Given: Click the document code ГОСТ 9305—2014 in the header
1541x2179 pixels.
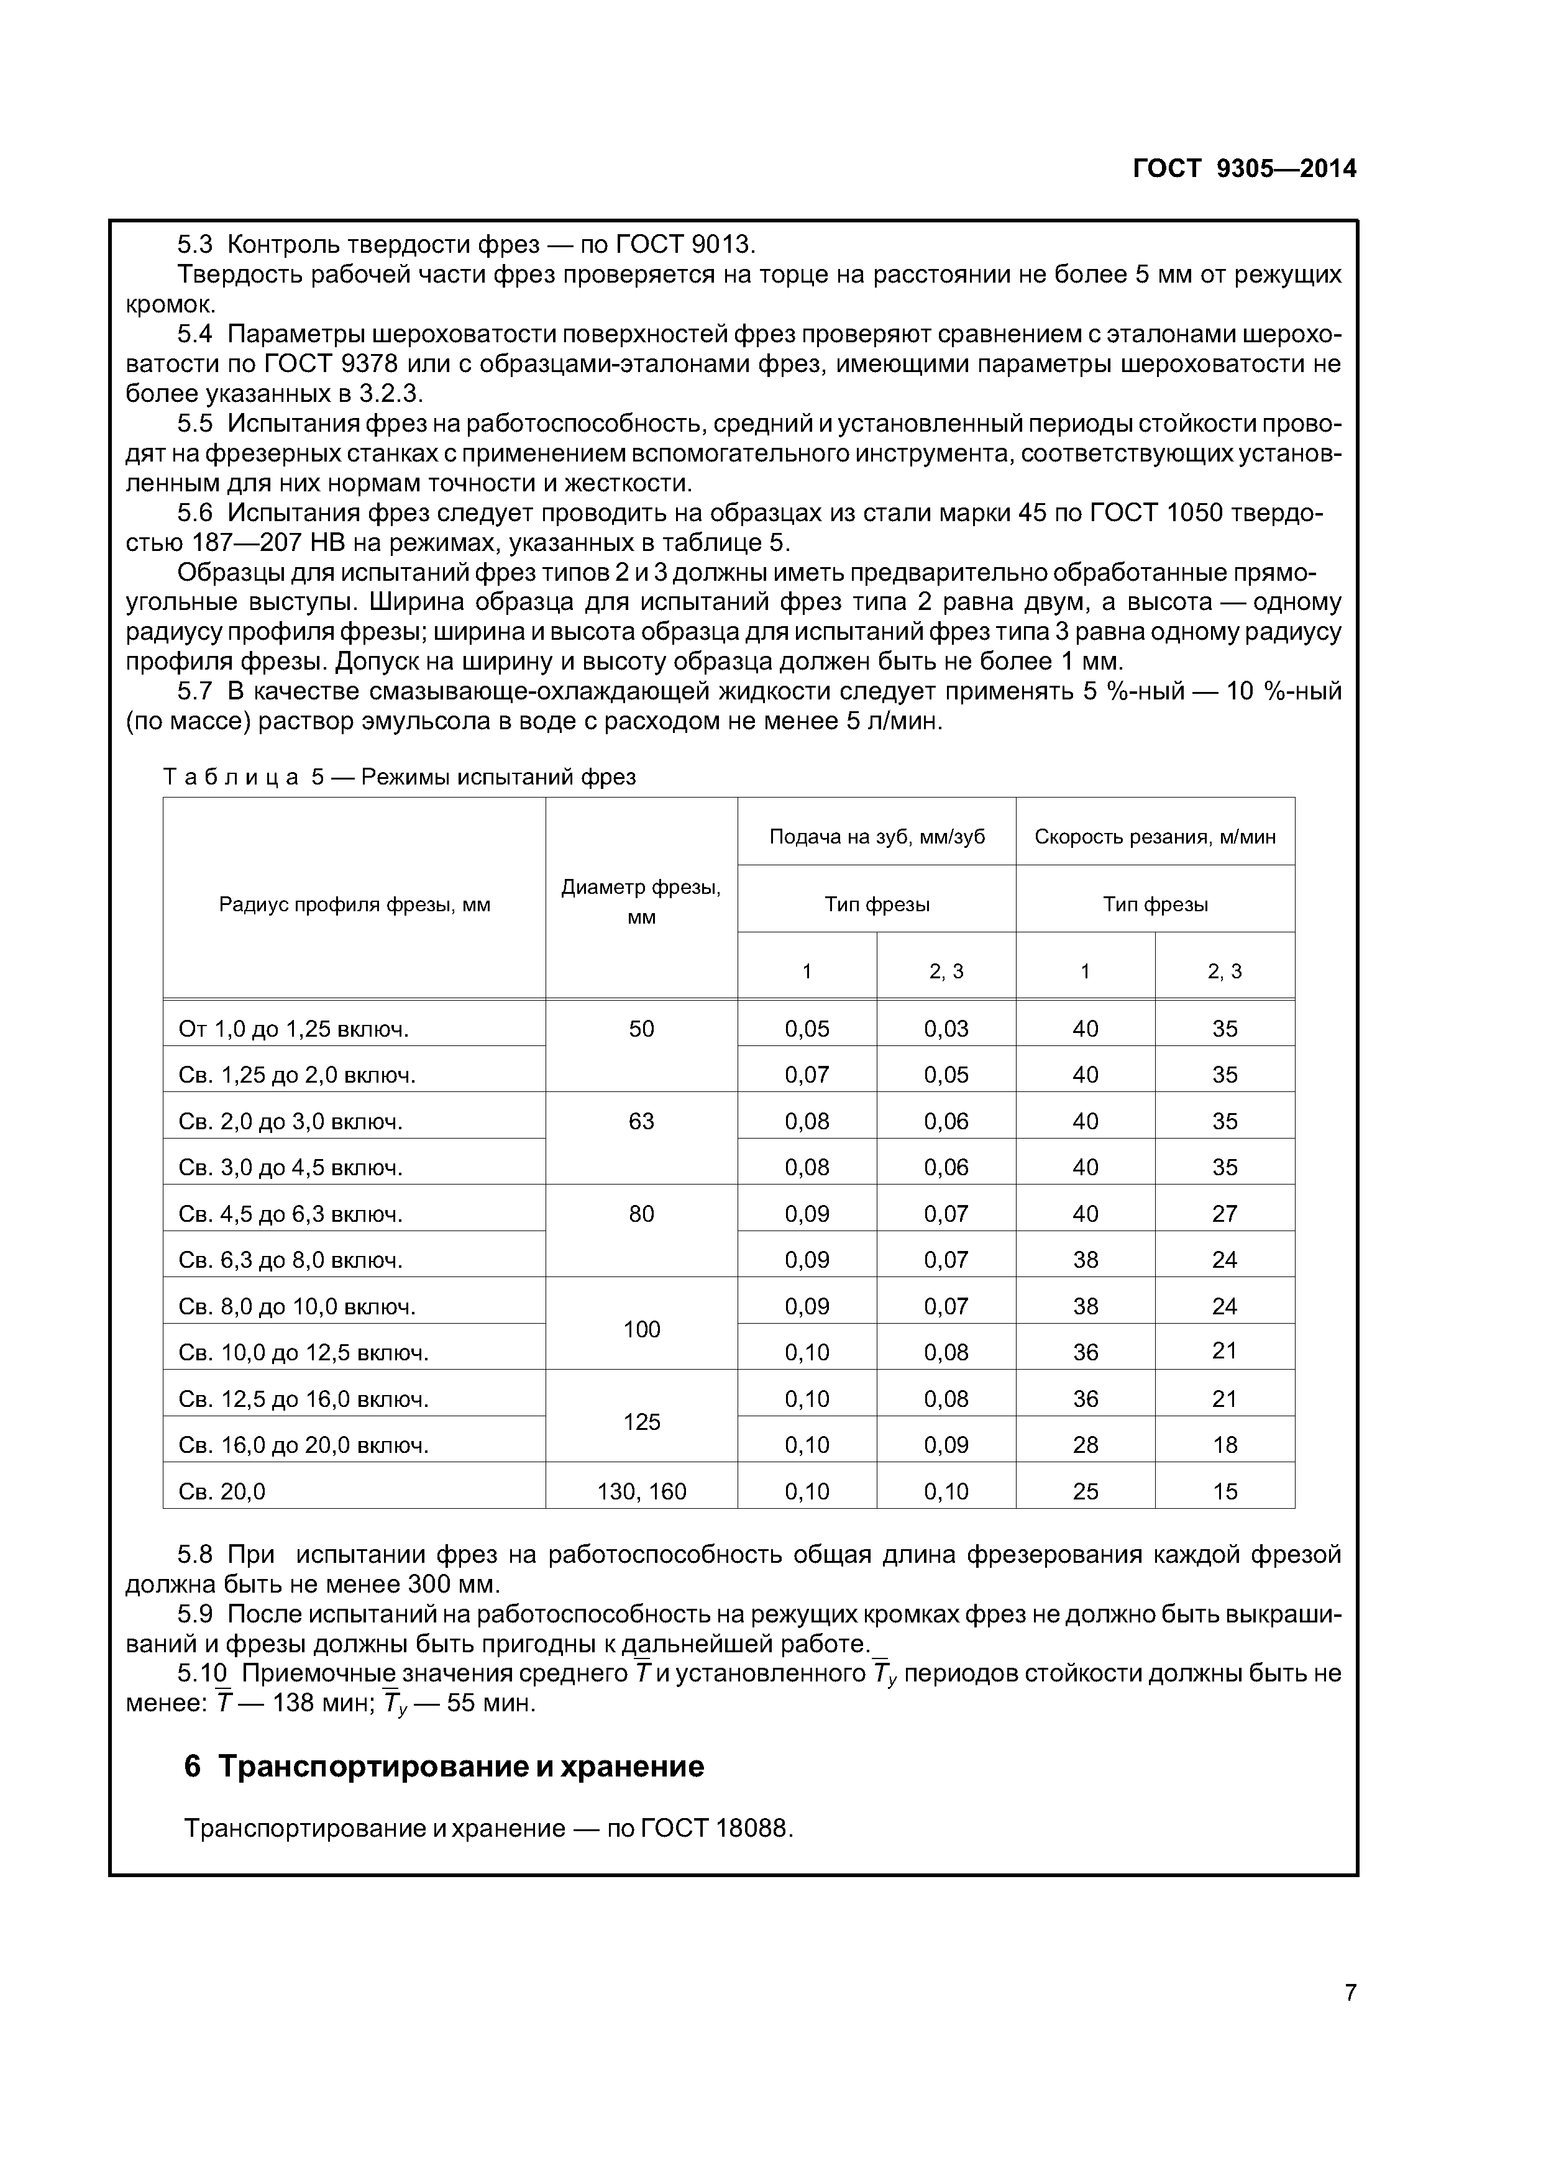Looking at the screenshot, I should click(1244, 169).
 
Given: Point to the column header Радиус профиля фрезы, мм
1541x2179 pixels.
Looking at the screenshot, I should click(354, 904).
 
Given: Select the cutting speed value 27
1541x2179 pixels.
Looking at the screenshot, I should click(1224, 1213).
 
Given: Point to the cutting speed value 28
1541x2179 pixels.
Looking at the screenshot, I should click(1086, 1444).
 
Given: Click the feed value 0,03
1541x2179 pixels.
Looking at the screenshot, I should click(946, 1029).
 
